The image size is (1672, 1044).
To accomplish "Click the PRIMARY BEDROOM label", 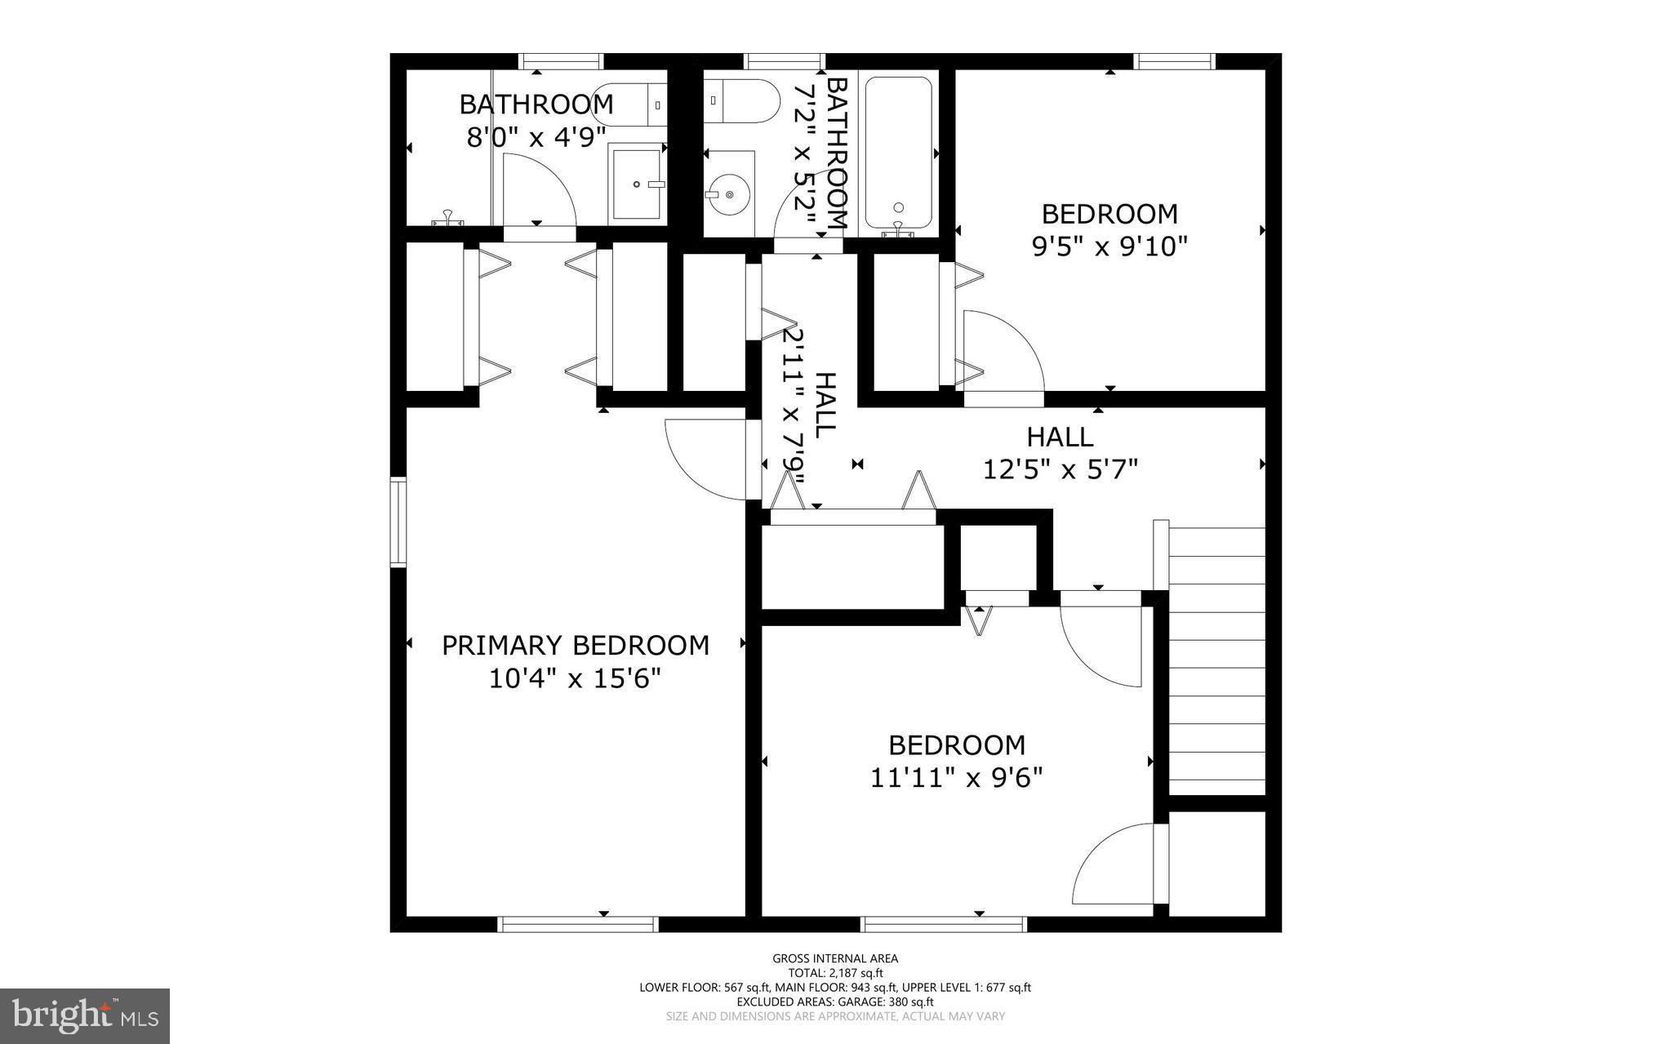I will coord(575,646).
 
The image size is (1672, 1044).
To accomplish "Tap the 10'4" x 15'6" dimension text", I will coord(575,678).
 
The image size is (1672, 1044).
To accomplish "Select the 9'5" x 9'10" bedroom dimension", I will coord(1109,246).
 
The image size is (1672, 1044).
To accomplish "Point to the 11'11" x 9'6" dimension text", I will coord(957,778).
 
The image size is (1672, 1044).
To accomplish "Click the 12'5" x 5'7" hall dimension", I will coord(1060,469).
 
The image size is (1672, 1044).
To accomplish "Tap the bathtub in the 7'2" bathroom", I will coord(898,153).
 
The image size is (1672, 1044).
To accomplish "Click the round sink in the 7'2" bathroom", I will coord(727,194).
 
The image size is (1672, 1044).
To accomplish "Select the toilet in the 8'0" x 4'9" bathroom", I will coord(629,104).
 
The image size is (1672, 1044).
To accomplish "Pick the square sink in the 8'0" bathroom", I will coord(637,184).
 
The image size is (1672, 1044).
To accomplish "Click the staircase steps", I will coord(1216,661).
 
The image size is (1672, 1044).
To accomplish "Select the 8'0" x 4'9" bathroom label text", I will coord(536,121).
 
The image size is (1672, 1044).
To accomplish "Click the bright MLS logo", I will coord(85,1015).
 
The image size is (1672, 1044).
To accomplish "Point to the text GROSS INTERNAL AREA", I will coord(835,958).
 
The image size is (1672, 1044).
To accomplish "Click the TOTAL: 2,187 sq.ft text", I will coord(835,972).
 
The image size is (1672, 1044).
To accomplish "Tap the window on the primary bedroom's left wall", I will coord(398,522).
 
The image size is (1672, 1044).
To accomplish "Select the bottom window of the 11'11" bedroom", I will coord(943,923).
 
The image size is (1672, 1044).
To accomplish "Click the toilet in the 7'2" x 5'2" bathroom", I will coord(740,100).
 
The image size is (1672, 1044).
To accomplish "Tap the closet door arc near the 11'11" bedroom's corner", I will coord(1110,865).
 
